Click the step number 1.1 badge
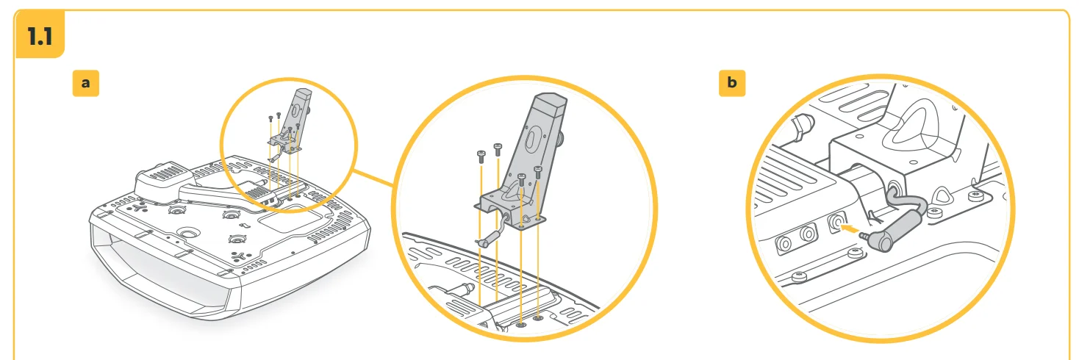tap(40, 35)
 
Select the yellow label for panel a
tap(86, 83)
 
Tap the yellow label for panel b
tap(731, 83)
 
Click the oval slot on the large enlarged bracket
tap(531, 139)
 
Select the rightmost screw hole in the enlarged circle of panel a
tap(538, 318)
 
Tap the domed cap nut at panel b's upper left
tap(803, 126)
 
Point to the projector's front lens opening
tap(159, 274)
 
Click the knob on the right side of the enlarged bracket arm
tap(561, 141)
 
